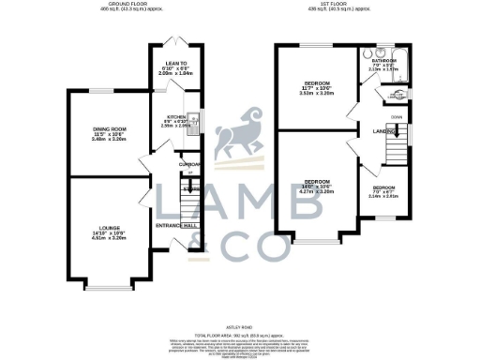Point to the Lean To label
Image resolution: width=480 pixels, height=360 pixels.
(172, 69)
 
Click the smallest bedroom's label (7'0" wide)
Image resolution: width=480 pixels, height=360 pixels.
(383, 190)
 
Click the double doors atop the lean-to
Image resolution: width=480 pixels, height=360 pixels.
(173, 40)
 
